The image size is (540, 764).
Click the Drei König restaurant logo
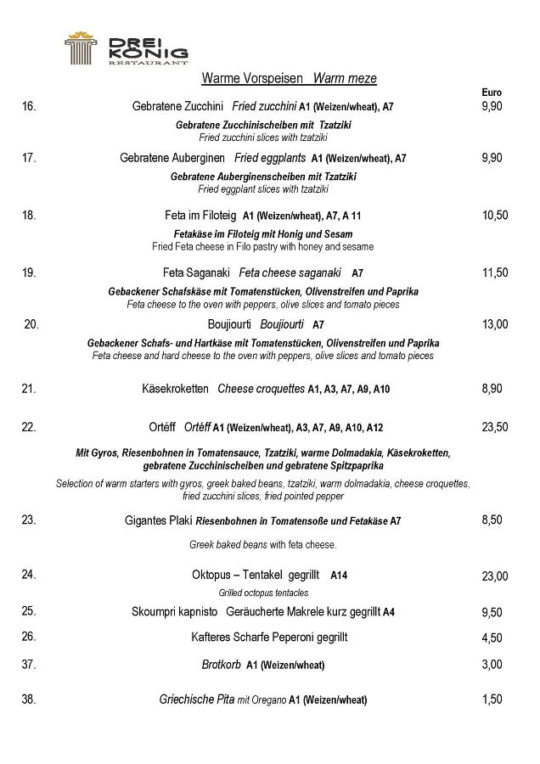pos(127,49)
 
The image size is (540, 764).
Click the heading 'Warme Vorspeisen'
pos(252,79)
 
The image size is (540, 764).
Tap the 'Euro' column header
pos(492,93)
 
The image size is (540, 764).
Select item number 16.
pos(29,107)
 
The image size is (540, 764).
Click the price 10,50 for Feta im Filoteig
pos(495,216)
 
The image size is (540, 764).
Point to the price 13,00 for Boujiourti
pos(495,324)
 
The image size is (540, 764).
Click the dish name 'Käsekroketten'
pos(175,389)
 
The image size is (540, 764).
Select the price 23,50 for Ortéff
pos(495,428)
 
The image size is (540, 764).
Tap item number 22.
pos(29,428)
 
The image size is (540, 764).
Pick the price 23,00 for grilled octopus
pos(495,576)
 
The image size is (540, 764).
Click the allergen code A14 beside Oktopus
pos(339,576)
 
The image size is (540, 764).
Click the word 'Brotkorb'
pos(221,665)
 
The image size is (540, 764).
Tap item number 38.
pos(29,700)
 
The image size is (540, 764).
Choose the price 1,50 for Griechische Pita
pos(492,700)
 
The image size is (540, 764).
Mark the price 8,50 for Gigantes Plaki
pos(492,520)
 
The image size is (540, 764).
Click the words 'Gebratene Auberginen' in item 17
pos(172,158)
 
